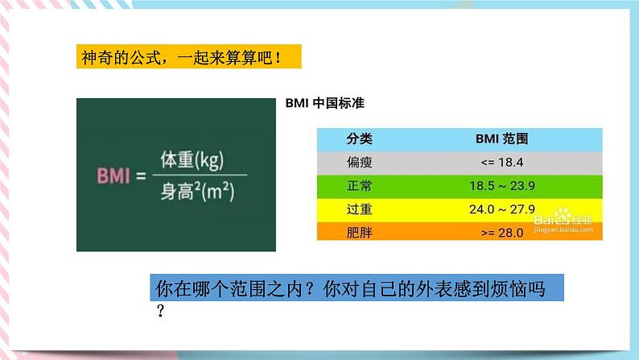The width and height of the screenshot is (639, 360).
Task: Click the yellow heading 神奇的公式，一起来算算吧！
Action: (181, 57)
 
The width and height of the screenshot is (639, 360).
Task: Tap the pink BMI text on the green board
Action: (113, 176)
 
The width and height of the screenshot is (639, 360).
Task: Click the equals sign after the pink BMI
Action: (141, 176)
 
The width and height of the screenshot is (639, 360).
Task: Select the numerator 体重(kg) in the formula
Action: (192, 159)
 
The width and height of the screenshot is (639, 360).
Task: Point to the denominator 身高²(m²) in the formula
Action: (197, 191)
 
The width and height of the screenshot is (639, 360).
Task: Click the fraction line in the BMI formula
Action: (200, 175)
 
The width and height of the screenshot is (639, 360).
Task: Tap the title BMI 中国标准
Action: (325, 103)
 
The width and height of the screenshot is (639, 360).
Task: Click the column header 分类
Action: (360, 139)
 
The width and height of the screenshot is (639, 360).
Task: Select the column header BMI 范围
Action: (501, 139)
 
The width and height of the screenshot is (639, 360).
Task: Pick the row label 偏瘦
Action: (360, 162)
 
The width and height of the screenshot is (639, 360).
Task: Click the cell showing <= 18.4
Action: (501, 162)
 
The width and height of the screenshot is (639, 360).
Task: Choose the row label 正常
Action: (360, 186)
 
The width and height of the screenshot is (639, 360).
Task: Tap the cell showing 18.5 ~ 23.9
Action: (501, 186)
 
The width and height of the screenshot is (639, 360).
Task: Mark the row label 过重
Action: (360, 209)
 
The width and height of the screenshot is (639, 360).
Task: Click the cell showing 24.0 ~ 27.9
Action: (501, 209)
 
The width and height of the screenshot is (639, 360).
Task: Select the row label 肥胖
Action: (360, 233)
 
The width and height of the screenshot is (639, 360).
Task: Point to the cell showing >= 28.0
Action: (501, 233)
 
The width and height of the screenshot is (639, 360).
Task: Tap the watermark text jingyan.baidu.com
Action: (563, 230)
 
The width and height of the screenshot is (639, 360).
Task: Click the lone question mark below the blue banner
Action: (161, 311)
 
